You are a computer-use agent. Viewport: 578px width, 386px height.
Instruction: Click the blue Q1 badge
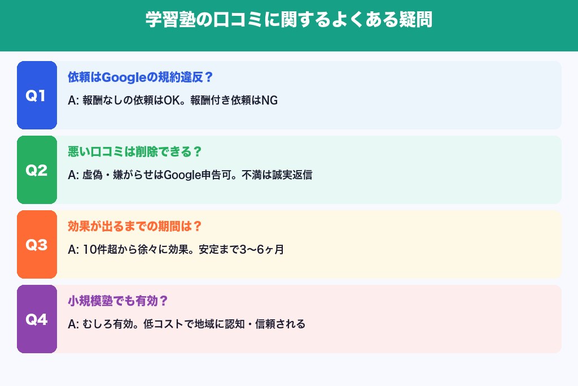37,96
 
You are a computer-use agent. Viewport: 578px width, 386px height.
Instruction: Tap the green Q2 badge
37,170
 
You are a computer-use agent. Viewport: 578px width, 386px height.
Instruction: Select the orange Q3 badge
37,245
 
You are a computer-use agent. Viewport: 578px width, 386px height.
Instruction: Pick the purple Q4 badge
37,319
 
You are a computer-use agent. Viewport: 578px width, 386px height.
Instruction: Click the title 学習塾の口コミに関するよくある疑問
289,20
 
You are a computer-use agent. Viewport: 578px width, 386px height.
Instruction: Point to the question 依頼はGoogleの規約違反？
140,77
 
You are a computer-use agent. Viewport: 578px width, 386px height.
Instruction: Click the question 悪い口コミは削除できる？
135,152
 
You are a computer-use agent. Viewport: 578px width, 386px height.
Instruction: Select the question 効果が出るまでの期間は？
135,227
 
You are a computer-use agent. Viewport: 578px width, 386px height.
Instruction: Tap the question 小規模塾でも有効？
118,301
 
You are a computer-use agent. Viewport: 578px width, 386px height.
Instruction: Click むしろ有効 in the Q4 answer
106,324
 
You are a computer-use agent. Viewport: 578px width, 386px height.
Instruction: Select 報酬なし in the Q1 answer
100,101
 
